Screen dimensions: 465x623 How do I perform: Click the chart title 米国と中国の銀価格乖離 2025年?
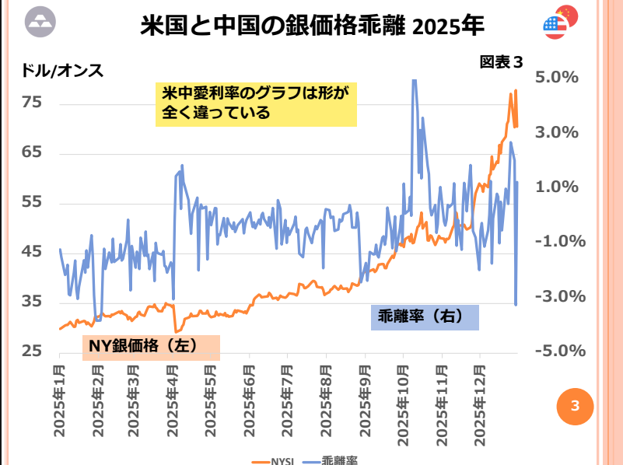click(312, 26)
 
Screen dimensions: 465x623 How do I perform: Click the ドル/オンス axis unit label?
click(61, 70)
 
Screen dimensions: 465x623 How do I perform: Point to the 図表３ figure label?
click(501, 61)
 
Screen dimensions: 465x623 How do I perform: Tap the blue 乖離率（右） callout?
click(424, 316)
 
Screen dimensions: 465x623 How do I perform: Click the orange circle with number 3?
click(575, 405)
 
